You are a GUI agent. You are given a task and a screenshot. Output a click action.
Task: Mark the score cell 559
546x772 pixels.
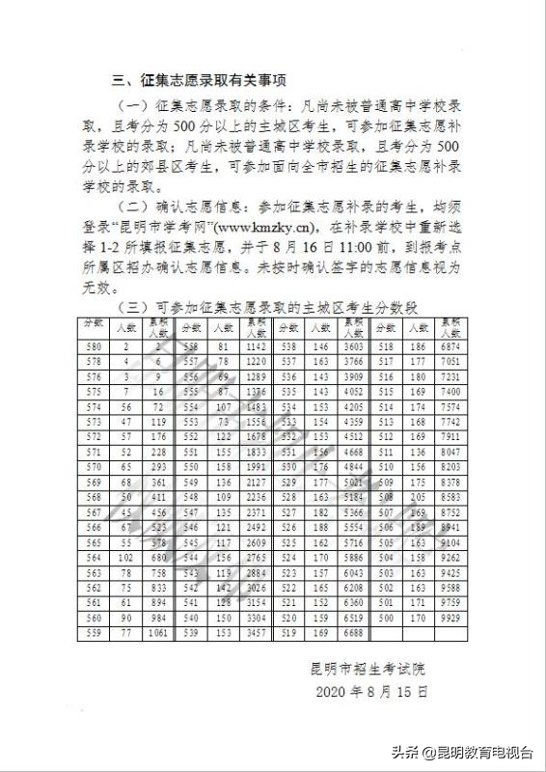94,634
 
